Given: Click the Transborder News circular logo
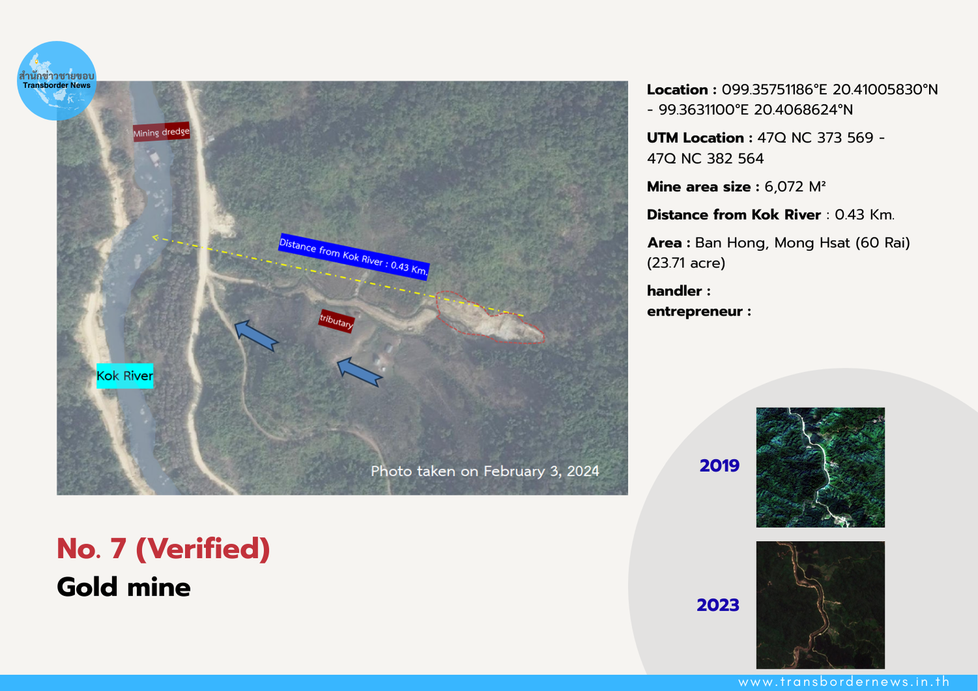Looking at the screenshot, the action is tap(56, 81).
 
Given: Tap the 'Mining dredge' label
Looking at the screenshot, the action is tap(161, 132).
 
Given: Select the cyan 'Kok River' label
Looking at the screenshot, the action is tap(125, 376).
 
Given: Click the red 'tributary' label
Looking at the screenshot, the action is tap(336, 321).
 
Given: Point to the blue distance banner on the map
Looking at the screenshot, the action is tap(353, 257).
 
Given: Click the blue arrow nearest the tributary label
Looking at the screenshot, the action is tap(359, 372).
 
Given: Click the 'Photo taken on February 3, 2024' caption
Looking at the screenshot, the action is tap(484, 471).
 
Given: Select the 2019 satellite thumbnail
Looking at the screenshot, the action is tap(820, 467).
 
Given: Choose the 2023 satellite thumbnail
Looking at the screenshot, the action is tap(820, 605).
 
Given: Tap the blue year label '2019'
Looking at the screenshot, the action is tap(719, 465).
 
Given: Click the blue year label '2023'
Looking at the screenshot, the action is tap(718, 605).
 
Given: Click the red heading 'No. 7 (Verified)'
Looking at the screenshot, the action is tap(163, 549).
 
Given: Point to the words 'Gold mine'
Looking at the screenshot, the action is tap(124, 587).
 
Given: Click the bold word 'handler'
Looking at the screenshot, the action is tap(674, 291).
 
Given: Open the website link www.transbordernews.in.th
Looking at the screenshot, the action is tap(844, 682).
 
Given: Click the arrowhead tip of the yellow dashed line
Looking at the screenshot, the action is tap(152, 237).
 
